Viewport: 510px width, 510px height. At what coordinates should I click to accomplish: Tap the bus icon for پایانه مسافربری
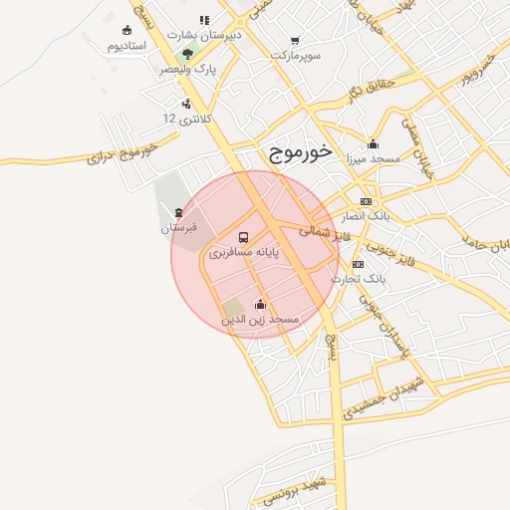point(244,237)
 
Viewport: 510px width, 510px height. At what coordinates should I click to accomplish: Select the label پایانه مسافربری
point(244,254)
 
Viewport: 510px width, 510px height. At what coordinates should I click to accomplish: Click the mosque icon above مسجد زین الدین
point(260,304)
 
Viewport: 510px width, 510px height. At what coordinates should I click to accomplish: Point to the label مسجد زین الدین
point(260,320)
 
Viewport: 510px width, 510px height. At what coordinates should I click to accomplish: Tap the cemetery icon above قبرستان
point(178,212)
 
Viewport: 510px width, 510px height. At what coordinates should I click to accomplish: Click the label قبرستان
point(179,228)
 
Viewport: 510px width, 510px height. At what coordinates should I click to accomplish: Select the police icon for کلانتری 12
point(186,103)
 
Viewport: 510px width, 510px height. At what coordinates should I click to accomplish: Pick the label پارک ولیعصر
point(187,70)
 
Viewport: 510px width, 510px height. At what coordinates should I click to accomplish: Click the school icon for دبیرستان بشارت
point(205,19)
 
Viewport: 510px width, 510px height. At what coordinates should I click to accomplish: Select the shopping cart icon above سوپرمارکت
point(295,41)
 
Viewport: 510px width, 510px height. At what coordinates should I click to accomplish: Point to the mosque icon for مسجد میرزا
point(373,143)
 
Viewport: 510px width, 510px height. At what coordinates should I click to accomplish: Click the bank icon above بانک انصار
point(367,200)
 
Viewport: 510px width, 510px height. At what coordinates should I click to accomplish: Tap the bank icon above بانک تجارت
point(359,264)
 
